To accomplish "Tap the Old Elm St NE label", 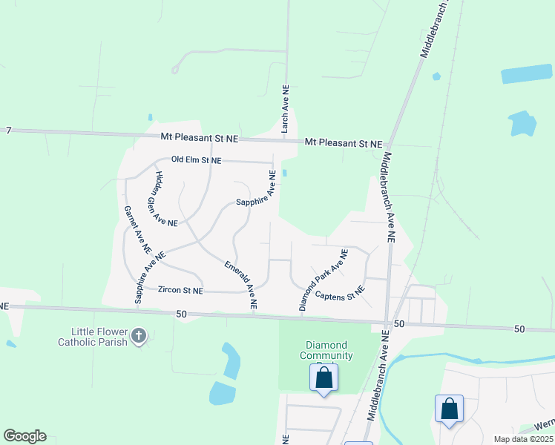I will pos(196,159).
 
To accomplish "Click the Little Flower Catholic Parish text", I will pos(93,337).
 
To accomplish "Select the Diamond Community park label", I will pos(326,350).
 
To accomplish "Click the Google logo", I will pos(24,436).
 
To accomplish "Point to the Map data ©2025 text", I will pos(523,439).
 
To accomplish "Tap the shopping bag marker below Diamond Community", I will pos(324,378).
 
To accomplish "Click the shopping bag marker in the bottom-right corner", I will pos(449,409).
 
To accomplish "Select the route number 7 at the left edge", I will pos(9,131).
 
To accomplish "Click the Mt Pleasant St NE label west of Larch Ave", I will pos(200,138).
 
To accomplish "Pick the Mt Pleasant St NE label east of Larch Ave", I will pos(344,143).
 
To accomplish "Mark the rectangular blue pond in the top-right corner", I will pos(527,74).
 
